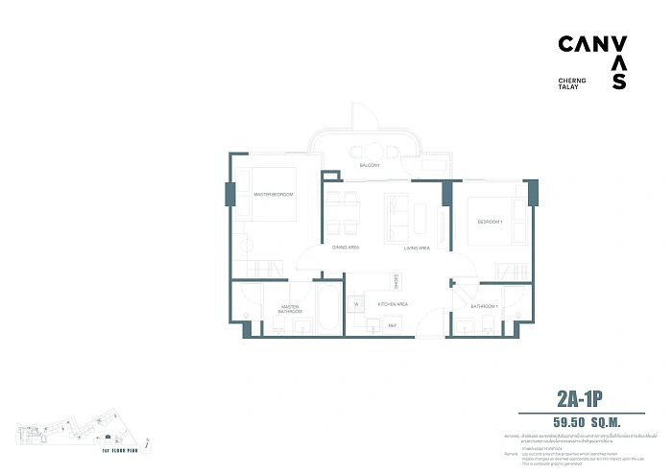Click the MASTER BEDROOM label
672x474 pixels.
pyautogui.click(x=273, y=195)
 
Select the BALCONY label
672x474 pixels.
pyautogui.click(x=370, y=166)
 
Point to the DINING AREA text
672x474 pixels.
pyautogui.click(x=345, y=248)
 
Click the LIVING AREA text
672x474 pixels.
pyautogui.click(x=416, y=248)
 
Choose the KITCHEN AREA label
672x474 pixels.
pyautogui.click(x=394, y=303)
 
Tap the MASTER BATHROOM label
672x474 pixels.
pyautogui.click(x=291, y=310)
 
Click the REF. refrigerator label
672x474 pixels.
pyautogui.click(x=392, y=326)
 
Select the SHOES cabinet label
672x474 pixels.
pyautogui.click(x=396, y=279)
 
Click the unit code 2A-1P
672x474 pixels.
pyautogui.click(x=586, y=397)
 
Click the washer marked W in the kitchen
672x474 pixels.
pyautogui.click(x=355, y=305)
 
